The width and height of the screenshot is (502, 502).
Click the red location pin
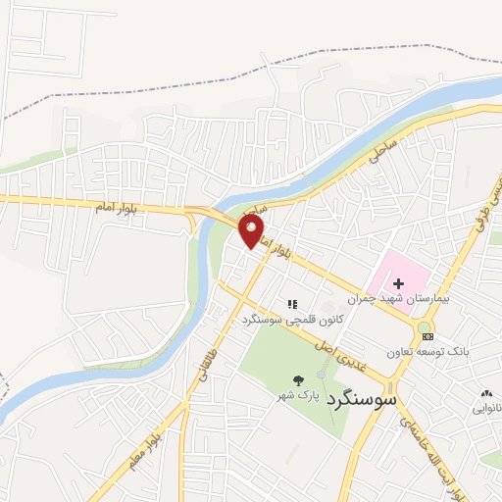click(252, 230)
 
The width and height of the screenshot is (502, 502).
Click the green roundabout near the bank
click(424, 326)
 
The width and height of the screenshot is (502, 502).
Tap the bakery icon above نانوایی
click(483, 392)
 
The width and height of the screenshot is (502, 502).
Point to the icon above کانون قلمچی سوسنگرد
click(292, 304)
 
